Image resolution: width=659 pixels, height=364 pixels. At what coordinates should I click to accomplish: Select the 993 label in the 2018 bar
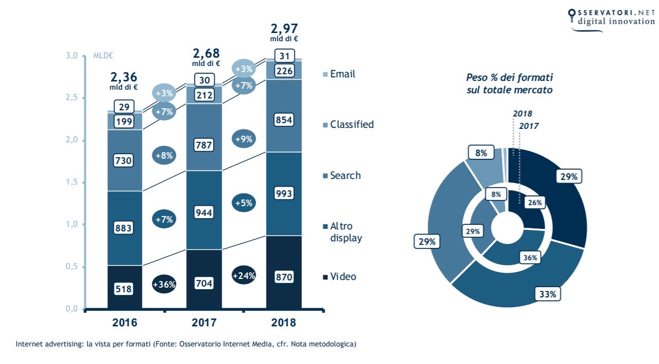[x=284, y=193]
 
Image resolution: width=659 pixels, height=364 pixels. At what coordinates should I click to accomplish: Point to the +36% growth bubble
[x=164, y=284]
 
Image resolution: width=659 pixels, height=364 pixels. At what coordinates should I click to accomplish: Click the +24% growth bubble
[x=243, y=276]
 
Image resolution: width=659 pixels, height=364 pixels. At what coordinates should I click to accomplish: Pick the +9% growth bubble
[x=243, y=139]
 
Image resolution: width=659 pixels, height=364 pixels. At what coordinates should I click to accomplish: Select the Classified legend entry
[x=352, y=125]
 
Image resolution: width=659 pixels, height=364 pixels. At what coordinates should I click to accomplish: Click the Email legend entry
[x=342, y=74]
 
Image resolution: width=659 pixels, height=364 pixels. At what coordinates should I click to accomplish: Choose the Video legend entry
[x=342, y=277]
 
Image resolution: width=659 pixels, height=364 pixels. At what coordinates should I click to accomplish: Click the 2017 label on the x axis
[x=204, y=323]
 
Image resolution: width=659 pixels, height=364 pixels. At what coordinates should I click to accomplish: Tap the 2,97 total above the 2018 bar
[x=284, y=28]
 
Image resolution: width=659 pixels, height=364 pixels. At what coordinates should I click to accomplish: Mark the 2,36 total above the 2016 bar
[x=124, y=77]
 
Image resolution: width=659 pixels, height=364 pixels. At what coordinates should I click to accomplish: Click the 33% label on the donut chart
[x=548, y=294]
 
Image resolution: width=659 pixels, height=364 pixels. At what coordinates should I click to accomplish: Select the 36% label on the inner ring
[x=530, y=258]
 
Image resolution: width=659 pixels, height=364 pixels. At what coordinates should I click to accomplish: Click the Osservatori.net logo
[x=612, y=19]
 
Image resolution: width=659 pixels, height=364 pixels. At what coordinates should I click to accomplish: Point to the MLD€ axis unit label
[x=103, y=56]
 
